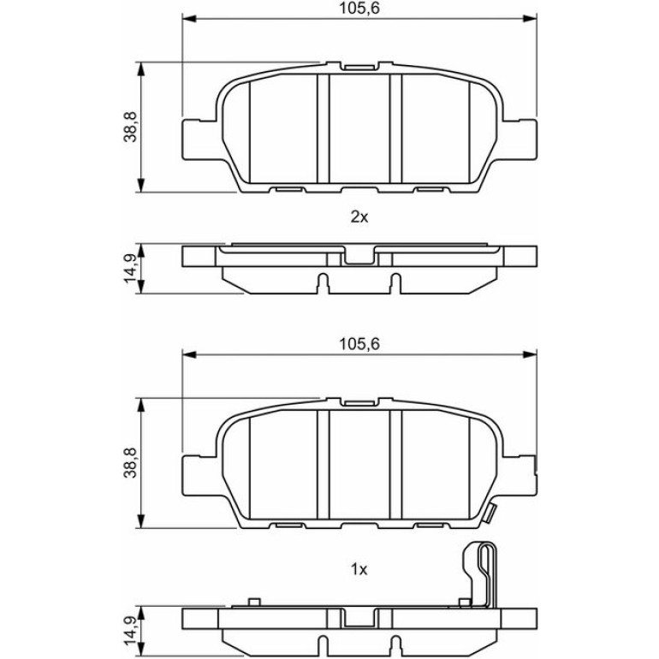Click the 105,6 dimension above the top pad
click(359, 8)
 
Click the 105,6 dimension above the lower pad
click(359, 344)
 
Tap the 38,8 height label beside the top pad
click(130, 127)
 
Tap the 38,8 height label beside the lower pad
click(130, 463)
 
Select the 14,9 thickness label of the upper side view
click(130, 269)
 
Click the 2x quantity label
click(359, 217)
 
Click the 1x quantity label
click(359, 569)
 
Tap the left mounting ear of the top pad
click(199, 140)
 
